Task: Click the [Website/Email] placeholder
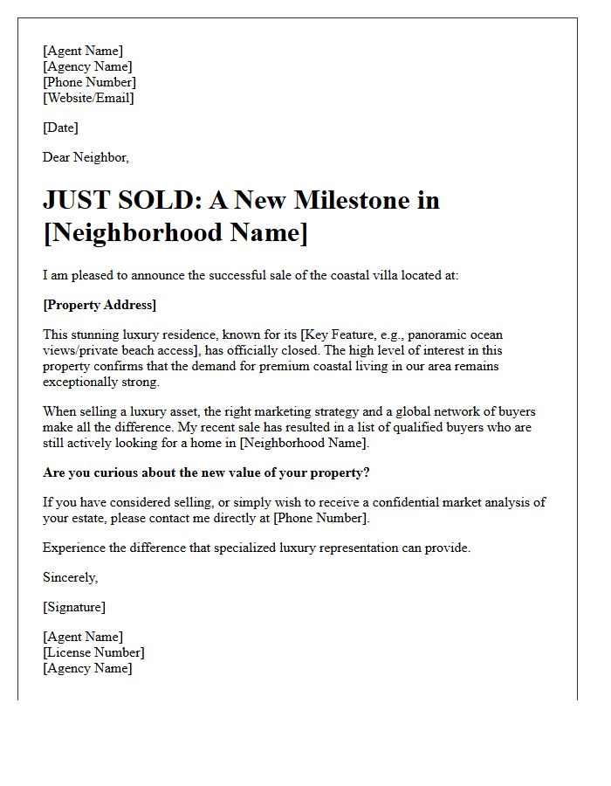coord(88,98)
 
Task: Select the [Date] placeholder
coord(60,128)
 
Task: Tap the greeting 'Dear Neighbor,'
coord(86,157)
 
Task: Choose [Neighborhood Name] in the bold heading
coord(175,233)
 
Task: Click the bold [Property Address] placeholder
coord(100,305)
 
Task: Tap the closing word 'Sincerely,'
coord(71,577)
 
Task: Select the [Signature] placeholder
coord(74,607)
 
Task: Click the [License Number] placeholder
coord(93,652)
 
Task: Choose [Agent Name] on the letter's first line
coord(83,51)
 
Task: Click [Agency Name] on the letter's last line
coord(87,668)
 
